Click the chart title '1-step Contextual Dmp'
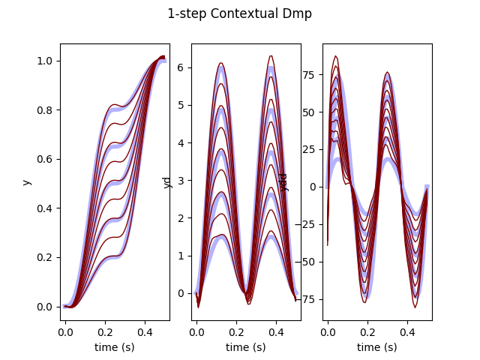(x=239, y=13)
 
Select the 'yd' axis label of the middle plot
(x=168, y=181)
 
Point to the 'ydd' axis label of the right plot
(x=285, y=181)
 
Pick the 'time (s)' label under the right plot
(x=376, y=347)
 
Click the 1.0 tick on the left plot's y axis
(x=44, y=61)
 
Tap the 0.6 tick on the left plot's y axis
(x=44, y=159)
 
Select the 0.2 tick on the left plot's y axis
(x=44, y=257)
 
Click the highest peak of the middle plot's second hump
(x=271, y=55)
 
